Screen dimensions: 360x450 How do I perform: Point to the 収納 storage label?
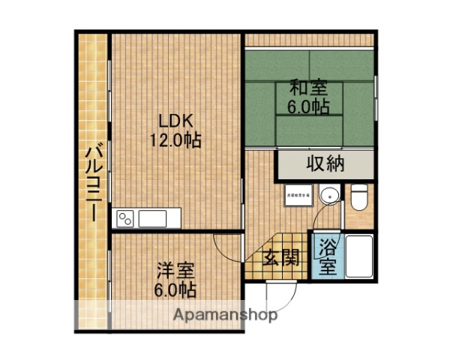coord(325,163)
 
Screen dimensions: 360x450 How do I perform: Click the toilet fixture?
coord(358,198)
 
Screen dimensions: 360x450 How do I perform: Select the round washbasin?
coord(328,196)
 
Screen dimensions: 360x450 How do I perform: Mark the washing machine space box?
coord(298,196)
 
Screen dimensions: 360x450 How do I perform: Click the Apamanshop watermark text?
coord(225,315)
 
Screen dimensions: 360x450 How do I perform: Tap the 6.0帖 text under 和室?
coord(308,107)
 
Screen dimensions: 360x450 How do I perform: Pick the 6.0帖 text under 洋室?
coord(176,289)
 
